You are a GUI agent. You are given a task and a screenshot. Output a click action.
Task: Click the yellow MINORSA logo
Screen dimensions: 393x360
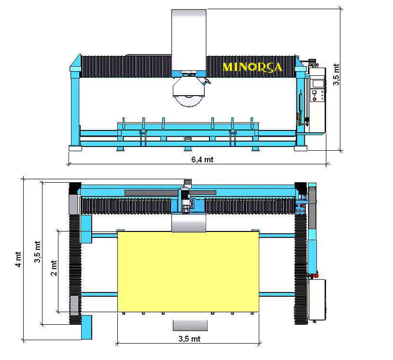[x=252, y=67]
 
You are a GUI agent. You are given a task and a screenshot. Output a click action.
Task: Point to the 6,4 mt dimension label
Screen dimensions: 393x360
[x=202, y=159]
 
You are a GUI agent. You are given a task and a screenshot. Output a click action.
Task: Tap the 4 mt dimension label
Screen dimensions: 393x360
[x=18, y=259]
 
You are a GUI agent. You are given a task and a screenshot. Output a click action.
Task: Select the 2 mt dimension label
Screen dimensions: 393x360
[x=54, y=268]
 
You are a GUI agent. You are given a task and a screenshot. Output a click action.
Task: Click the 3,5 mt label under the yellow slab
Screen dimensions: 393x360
[x=189, y=339]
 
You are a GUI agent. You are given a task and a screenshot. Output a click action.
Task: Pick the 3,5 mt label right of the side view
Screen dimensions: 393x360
[x=336, y=74]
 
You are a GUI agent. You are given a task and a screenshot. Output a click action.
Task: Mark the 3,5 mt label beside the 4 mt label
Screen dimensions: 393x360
[x=37, y=252]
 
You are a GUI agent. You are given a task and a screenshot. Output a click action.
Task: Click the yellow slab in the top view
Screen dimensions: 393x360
[x=188, y=272]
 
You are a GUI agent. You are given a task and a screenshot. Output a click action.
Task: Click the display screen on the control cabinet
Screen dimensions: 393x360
[x=318, y=83]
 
